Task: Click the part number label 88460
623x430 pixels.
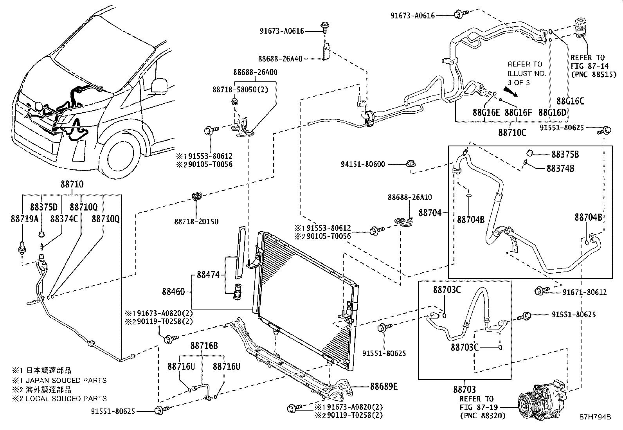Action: tap(173, 292)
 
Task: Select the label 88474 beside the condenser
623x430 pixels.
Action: tap(208, 275)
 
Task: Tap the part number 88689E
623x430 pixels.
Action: tap(384, 387)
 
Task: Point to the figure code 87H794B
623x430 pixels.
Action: tap(595, 417)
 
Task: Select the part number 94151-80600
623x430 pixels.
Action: tap(363, 164)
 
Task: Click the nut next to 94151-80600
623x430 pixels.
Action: tap(411, 164)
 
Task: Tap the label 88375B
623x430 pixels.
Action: tap(565, 155)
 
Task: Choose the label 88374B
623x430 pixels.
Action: tap(560, 169)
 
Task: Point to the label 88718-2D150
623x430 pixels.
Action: tap(196, 221)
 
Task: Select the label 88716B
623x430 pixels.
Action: tap(204, 345)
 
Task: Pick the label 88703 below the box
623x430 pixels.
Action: tap(465, 389)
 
